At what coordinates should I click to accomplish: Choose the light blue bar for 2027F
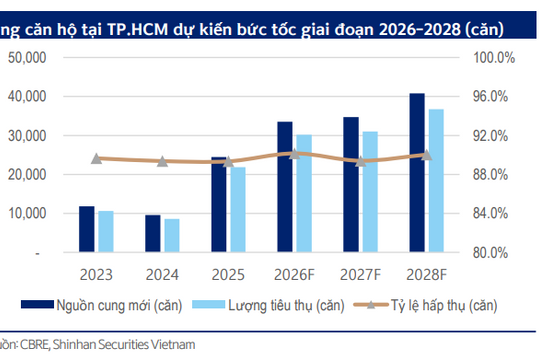369,192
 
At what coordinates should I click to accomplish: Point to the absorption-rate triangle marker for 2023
96,158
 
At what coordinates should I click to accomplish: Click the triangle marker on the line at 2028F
425,154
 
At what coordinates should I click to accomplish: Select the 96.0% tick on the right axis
492,97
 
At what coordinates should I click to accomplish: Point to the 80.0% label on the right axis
492,253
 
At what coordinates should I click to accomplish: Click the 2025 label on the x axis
227,272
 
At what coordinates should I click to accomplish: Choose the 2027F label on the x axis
359,272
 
